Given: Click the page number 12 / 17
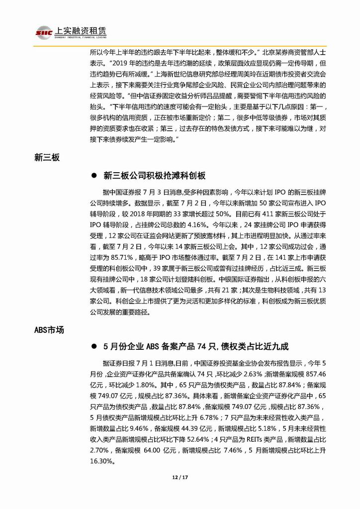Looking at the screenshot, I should (180, 478).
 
